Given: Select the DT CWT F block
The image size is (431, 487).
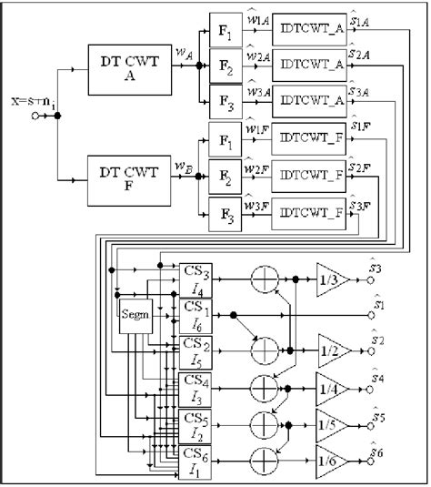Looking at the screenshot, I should pos(127,180).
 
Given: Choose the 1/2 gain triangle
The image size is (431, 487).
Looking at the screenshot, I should pos(333,349).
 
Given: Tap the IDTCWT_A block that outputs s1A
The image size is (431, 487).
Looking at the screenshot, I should pos(309,26).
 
